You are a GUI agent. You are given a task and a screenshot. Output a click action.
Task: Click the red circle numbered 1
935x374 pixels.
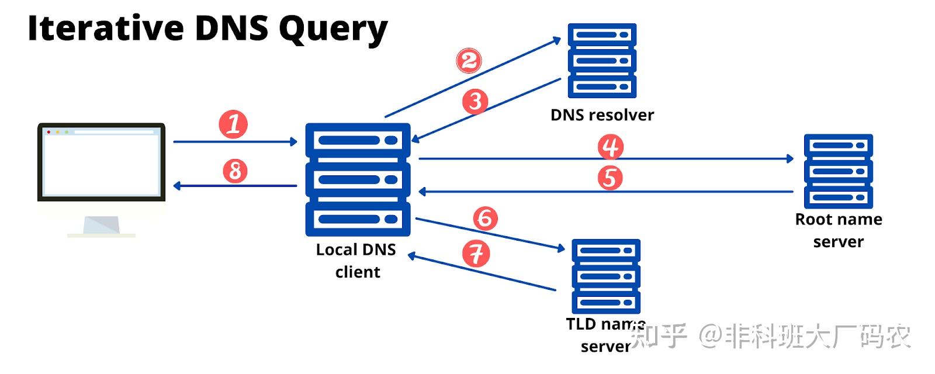[233, 124]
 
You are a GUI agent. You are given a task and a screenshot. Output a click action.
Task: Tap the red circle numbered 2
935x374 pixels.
[469, 61]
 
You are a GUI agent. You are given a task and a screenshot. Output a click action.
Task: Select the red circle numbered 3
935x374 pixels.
[475, 101]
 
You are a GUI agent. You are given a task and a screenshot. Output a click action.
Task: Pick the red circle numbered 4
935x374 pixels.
[611, 147]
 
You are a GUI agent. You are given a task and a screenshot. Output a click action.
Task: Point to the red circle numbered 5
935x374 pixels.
[610, 177]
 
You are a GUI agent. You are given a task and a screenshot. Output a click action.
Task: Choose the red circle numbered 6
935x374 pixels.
[485, 218]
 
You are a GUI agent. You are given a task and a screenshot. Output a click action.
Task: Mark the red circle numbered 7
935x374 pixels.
[476, 254]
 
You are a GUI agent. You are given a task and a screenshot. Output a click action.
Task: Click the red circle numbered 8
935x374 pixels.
[235, 171]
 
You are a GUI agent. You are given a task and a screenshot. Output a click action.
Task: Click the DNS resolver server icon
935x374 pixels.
[602, 61]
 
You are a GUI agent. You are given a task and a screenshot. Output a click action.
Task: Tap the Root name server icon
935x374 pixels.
[838, 171]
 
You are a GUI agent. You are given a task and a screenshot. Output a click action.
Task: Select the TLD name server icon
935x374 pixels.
[605, 276]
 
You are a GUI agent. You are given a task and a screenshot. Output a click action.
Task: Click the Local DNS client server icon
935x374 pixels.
[358, 179]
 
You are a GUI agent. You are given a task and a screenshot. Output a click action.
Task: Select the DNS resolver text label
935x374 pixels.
[602, 115]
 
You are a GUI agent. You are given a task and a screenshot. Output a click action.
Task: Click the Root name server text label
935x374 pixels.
[839, 230]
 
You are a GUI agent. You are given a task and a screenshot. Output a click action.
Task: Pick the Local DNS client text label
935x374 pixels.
[356, 261]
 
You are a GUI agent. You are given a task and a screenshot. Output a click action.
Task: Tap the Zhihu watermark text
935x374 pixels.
[771, 336]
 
